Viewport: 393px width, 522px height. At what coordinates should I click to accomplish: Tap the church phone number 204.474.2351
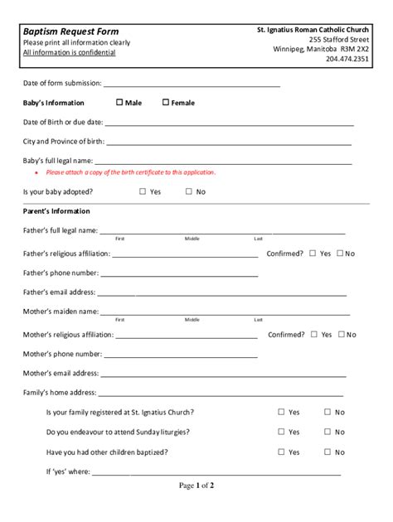click(348, 59)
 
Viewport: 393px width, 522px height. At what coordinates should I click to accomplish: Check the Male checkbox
click(119, 103)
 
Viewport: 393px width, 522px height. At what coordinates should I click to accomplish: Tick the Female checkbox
click(165, 103)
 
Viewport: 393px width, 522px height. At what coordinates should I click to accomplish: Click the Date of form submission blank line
click(192, 84)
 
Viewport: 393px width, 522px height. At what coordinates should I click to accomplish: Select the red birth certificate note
click(130, 172)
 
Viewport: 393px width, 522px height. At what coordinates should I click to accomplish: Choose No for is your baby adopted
click(189, 191)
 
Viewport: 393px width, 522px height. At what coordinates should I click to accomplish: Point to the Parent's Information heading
click(56, 211)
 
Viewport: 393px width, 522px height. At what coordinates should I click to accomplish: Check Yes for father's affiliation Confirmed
click(313, 254)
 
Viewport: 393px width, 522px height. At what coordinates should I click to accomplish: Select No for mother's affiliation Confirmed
click(339, 335)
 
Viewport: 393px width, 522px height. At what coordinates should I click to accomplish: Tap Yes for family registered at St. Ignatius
click(282, 412)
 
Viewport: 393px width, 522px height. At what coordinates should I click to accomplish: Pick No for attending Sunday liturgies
click(327, 432)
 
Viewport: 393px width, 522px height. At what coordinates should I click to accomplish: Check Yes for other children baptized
click(282, 452)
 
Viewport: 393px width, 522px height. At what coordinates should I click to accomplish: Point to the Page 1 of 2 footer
click(196, 486)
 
